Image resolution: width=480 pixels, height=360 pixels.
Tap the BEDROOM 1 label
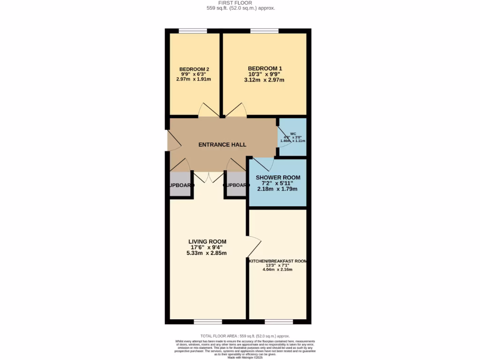pos(265,68)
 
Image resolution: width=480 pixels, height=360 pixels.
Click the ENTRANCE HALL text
pos(222,145)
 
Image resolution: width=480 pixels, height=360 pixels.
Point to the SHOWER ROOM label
pos(277,178)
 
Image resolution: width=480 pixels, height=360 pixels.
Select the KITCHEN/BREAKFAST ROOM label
pos(277,261)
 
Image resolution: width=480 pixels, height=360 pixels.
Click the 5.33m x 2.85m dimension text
pos(206,253)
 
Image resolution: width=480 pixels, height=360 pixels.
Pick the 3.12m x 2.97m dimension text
pos(264,80)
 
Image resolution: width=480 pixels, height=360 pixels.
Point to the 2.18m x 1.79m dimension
pos(277,189)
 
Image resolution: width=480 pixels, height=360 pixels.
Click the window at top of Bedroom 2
pos(193,31)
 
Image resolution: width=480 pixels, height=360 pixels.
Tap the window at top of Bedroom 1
pos(264,31)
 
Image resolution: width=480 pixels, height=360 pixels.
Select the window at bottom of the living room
pos(208,322)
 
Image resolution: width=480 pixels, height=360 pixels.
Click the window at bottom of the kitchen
pos(279,322)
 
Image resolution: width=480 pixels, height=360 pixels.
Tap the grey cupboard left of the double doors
pos(180,185)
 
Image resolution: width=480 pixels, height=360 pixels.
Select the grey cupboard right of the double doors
pos(236,185)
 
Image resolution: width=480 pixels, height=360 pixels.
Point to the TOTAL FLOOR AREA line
pos(245,336)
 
